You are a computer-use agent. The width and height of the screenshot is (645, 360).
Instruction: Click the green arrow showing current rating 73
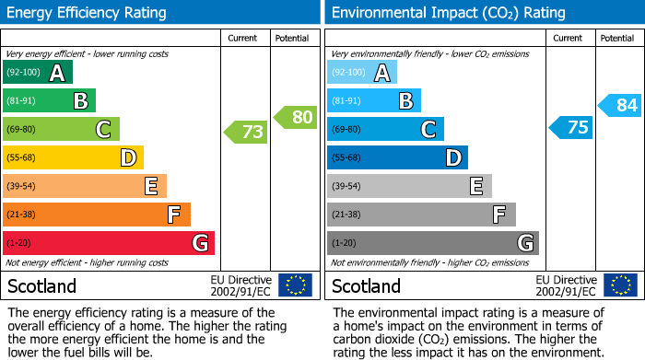tap(246, 133)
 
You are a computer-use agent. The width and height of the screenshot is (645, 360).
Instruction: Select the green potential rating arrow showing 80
tap(296, 117)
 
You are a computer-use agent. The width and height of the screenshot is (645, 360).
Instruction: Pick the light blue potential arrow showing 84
tap(620, 105)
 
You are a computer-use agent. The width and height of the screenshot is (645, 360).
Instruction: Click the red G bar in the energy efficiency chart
tap(109, 243)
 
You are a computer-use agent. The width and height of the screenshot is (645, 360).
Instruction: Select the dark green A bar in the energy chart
tap(38, 73)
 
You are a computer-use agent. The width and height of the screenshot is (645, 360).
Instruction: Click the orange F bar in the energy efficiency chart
tap(97, 215)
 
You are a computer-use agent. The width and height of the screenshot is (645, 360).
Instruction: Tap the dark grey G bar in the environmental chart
tap(432, 243)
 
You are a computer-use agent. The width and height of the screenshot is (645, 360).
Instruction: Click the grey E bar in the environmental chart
tap(409, 186)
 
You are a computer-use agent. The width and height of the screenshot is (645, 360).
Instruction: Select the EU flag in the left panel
tap(296, 285)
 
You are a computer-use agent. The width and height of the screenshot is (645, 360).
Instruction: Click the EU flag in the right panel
tap(620, 285)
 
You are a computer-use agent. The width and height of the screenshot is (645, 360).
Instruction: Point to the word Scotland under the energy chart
tap(41, 285)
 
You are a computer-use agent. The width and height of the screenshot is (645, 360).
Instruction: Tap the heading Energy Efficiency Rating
tap(88, 13)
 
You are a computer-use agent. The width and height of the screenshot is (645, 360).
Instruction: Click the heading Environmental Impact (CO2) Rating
tap(447, 13)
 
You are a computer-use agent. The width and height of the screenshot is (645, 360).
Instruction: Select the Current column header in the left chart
tap(244, 38)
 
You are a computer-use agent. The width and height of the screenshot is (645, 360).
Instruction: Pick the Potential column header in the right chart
tap(617, 38)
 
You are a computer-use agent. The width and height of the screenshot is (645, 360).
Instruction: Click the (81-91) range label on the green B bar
tap(23, 101)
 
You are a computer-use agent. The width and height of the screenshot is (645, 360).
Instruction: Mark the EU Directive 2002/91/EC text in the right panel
tap(566, 285)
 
